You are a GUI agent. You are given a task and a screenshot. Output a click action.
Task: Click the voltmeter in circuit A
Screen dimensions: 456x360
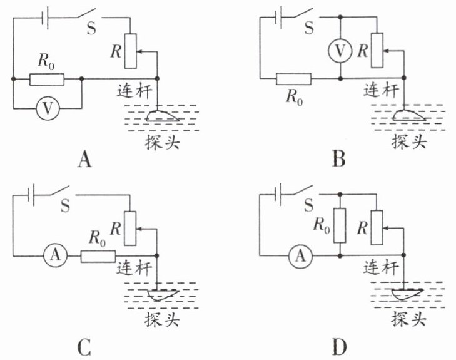coord(48,109)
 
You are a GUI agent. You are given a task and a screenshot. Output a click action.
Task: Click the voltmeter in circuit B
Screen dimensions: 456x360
coord(340,51)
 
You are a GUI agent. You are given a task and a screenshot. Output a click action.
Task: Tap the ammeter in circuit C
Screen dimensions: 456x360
coord(55,255)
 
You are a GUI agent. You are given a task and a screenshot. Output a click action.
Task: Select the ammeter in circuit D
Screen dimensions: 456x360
coord(300,256)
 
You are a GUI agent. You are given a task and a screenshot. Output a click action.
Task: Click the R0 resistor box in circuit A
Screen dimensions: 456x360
coord(47,79)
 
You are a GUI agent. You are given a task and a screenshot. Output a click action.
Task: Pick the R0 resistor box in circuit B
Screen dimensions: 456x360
coord(293,79)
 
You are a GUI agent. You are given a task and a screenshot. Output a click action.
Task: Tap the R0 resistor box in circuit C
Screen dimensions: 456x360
coord(98,257)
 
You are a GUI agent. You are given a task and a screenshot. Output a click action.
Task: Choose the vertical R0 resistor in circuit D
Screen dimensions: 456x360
coord(340,225)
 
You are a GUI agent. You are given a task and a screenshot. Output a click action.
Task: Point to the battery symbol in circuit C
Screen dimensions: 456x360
coord(31,195)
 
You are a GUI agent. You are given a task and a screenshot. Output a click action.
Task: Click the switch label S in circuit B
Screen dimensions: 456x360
coord(309,28)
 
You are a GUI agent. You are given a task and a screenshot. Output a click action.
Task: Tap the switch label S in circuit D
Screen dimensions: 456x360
coord(309,205)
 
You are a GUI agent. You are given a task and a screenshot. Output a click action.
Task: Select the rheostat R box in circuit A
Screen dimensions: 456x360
coord(131,51)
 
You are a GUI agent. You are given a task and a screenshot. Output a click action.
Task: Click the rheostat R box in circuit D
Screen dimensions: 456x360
coord(377,227)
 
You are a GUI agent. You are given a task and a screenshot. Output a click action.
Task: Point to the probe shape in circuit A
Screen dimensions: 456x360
coord(161,116)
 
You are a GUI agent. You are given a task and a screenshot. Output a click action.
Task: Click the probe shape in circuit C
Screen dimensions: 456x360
coord(163,295)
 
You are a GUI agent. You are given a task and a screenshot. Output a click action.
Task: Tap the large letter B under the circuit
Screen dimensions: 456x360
coord(339,159)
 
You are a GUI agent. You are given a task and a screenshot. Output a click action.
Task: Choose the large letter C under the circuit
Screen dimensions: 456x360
coord(84,347)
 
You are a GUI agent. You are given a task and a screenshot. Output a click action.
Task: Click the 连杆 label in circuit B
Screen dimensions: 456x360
coord(381,90)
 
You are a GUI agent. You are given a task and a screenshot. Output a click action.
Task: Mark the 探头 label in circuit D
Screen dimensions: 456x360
coord(408,319)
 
